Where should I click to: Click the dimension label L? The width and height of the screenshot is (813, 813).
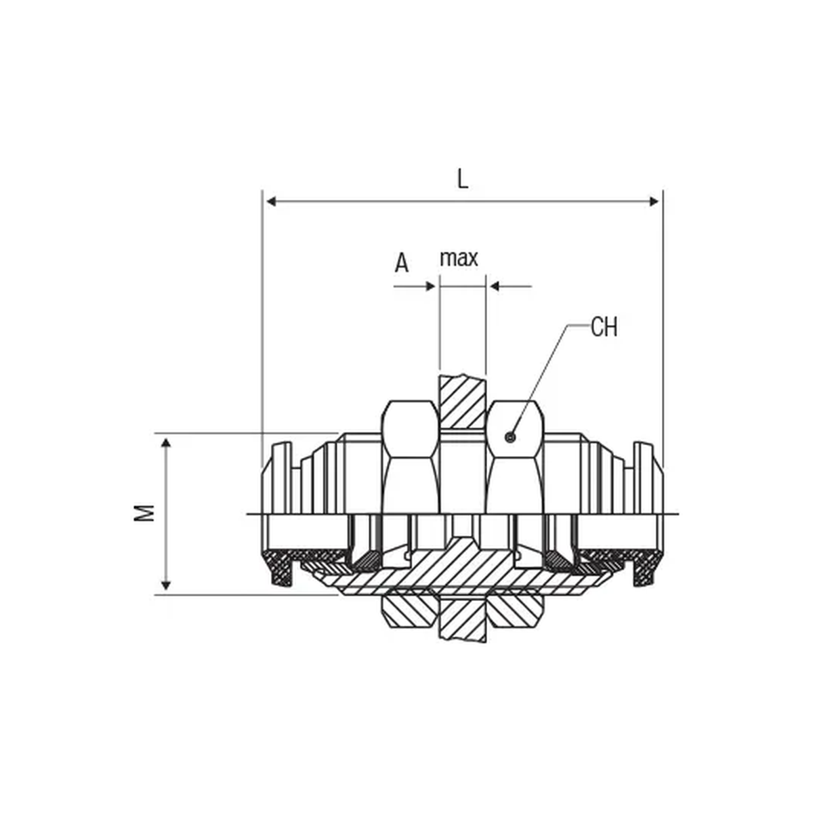[463, 180]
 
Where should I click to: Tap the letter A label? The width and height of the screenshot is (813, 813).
[402, 264]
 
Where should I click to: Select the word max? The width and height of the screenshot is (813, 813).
[459, 258]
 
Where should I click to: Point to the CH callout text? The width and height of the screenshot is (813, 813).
[604, 327]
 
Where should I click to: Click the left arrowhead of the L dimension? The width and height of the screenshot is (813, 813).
[271, 202]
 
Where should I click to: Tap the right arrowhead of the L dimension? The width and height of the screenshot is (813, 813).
[654, 202]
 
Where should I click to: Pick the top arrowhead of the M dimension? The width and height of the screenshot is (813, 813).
[166, 442]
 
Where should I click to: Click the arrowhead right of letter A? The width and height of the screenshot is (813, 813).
[430, 287]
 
